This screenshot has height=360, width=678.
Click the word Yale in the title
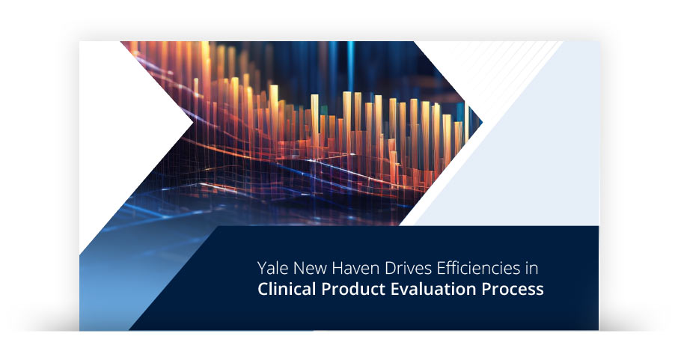pyautogui.click(x=272, y=268)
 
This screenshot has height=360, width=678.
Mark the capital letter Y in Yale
pyautogui.click(x=262, y=268)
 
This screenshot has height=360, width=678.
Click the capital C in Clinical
pyautogui.click(x=263, y=290)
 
